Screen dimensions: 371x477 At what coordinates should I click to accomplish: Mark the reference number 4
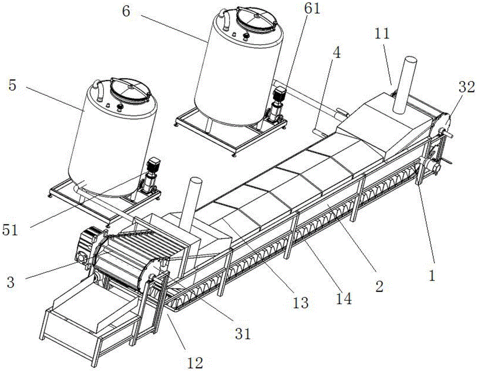click(337, 53)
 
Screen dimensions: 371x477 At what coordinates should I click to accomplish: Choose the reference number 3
click(10, 281)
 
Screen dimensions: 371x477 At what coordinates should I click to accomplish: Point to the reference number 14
click(343, 299)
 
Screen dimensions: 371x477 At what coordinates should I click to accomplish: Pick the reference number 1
click(432, 276)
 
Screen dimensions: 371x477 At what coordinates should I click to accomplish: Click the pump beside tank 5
click(150, 178)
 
